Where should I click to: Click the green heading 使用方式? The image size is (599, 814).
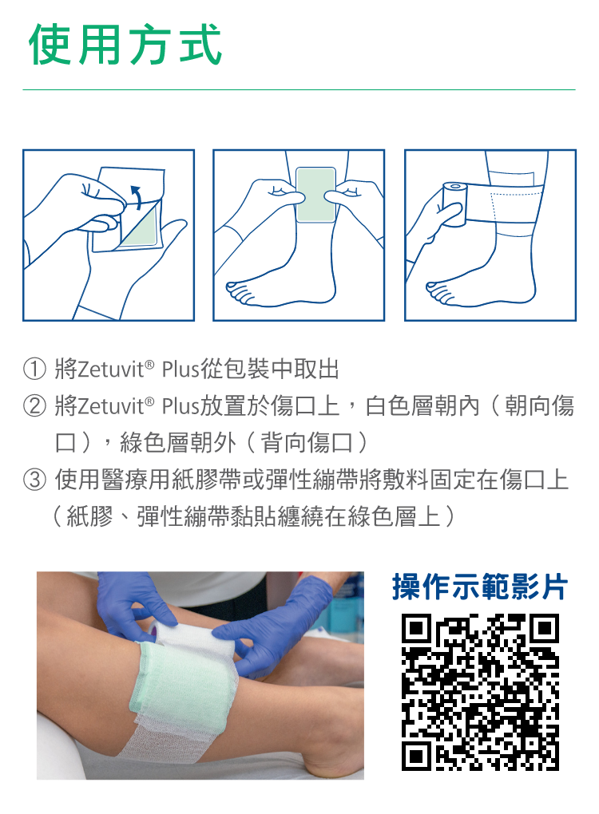[x=125, y=45]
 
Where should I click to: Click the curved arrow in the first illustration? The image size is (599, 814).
[x=136, y=197]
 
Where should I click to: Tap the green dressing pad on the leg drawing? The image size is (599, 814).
[x=315, y=195]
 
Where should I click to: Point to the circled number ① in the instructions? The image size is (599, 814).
[x=34, y=369]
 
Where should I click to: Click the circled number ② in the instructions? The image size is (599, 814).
[x=34, y=406]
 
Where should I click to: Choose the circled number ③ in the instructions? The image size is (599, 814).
[x=34, y=479]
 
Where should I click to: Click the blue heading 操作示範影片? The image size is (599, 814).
[x=480, y=587]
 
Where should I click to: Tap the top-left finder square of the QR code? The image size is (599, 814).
[x=416, y=628]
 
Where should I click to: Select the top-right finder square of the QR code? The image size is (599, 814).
[x=545, y=628]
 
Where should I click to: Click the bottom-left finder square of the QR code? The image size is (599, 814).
[x=416, y=756]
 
